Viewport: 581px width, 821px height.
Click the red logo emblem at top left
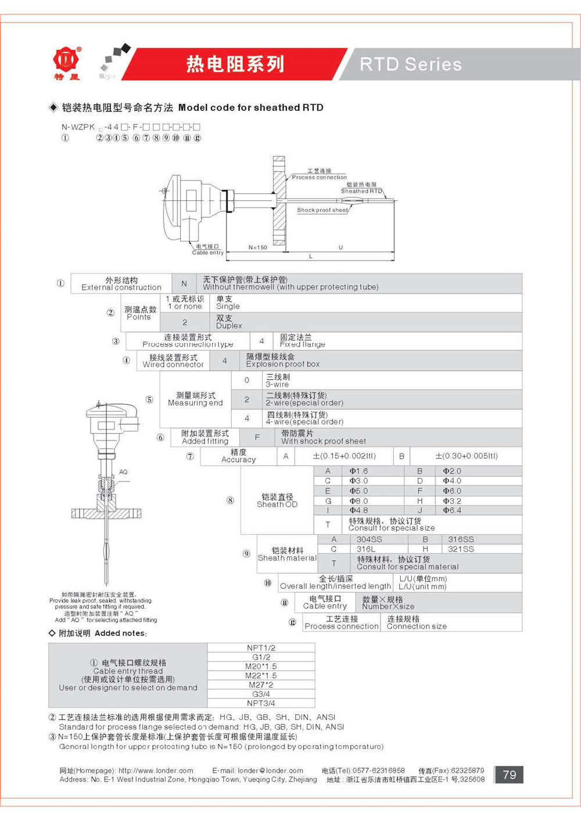tap(67, 60)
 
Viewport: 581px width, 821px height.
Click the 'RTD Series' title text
tap(410, 64)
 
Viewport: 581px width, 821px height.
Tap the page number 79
tap(509, 775)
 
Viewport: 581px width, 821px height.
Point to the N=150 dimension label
tap(257, 248)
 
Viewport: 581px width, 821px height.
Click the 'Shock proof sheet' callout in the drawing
tap(322, 210)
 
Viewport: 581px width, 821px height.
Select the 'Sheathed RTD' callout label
tap(361, 191)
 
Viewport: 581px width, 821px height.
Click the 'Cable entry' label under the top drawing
tap(207, 253)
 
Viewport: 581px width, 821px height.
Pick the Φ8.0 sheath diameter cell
tap(358, 500)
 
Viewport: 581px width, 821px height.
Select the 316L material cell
tap(365, 549)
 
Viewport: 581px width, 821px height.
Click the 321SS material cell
tap(461, 549)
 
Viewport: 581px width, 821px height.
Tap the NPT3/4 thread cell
tap(261, 703)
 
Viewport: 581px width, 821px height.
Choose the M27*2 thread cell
tap(261, 685)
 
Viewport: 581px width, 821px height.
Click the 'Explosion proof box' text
tap(282, 364)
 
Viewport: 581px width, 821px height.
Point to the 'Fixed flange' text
tap(302, 344)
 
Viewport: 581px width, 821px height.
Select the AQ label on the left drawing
tap(123, 472)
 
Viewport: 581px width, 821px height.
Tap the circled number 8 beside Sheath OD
tap(230, 500)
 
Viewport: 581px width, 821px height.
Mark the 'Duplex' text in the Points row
tap(229, 326)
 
